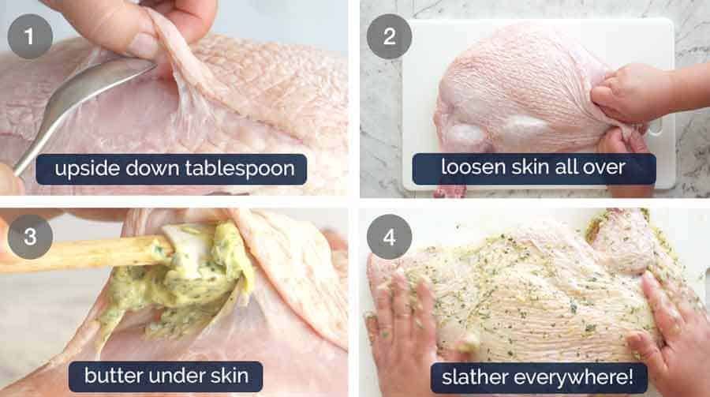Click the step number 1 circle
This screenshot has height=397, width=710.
(30, 36)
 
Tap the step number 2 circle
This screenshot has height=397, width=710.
(389, 36)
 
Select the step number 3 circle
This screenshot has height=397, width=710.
(30, 235)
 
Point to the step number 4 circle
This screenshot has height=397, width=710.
(389, 235)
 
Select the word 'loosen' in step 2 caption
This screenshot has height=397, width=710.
(466, 169)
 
